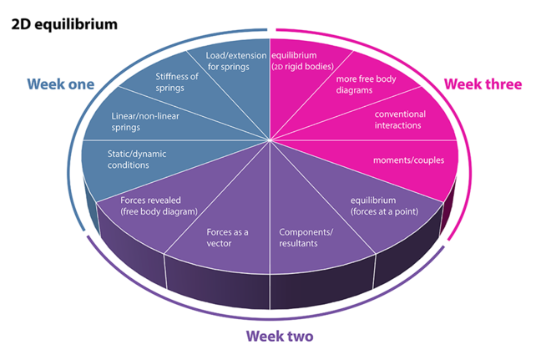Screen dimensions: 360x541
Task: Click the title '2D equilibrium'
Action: tap(64, 23)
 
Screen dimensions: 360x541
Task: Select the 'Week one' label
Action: tap(60, 84)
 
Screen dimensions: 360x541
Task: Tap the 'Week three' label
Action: tap(483, 84)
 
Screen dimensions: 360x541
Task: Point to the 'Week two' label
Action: tap(280, 337)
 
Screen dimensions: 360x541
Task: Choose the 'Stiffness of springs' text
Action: tap(178, 82)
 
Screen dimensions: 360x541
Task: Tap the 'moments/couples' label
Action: tap(403, 160)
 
